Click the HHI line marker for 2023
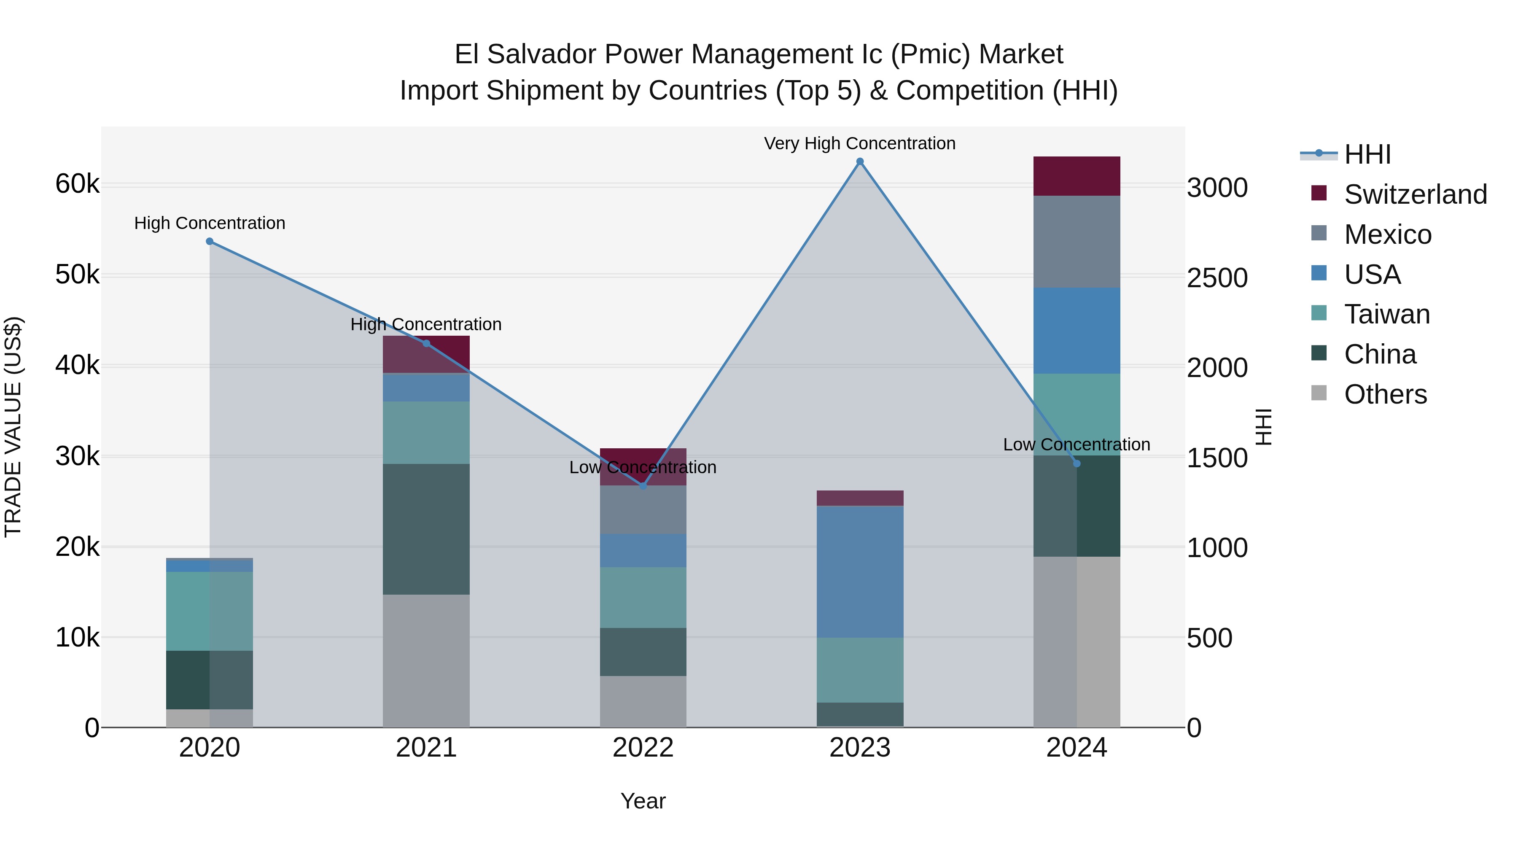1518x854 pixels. tap(860, 162)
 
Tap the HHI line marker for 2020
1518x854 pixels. tap(210, 242)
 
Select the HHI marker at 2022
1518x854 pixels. tap(643, 486)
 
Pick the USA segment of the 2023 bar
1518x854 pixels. tap(860, 572)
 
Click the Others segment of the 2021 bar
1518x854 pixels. tap(426, 660)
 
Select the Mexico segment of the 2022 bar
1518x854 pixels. tap(643, 510)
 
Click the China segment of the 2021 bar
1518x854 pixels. tap(426, 529)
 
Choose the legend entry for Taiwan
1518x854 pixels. tap(1386, 314)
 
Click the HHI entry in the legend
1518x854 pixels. tap(1367, 154)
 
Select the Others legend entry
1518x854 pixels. tap(1385, 394)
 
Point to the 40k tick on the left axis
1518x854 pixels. tap(77, 365)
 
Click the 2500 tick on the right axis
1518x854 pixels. tap(1217, 278)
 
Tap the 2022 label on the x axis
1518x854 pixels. tap(643, 748)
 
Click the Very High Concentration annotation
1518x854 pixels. tap(860, 143)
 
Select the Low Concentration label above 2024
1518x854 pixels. tap(1076, 445)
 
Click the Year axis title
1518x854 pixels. tap(643, 801)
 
